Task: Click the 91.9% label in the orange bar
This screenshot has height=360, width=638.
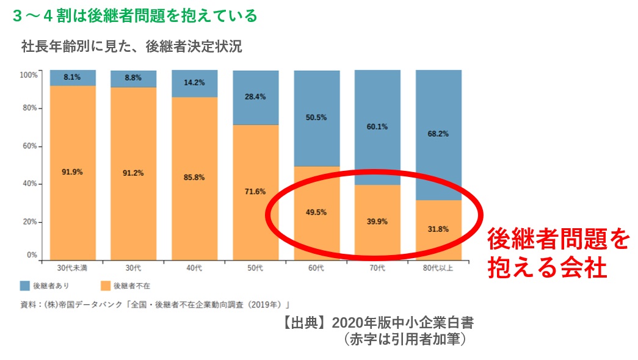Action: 72,172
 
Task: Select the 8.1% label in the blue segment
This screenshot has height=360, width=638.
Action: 72,77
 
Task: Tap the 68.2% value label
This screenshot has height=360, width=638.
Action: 438,134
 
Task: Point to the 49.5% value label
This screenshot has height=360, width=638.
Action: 316,212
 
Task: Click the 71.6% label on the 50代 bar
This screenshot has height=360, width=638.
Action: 255,192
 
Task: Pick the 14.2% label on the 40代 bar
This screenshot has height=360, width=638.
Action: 194,82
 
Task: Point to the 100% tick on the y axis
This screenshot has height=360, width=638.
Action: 29,74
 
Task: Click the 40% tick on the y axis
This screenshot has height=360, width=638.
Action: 31,184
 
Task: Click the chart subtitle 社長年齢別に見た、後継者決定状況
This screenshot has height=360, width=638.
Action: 131,46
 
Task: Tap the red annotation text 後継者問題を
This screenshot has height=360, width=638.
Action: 557,240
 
